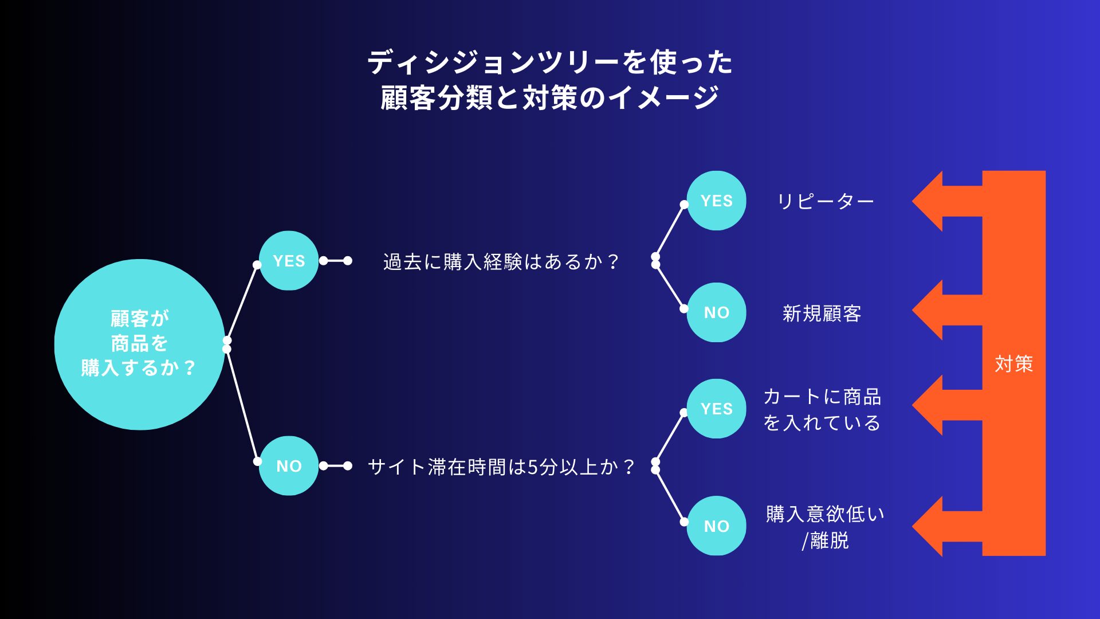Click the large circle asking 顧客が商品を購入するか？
[x=140, y=344]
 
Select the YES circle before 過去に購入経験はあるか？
[x=289, y=261]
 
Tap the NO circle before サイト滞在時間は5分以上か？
[x=289, y=466]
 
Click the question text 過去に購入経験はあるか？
[x=501, y=262]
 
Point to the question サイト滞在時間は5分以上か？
[x=501, y=467]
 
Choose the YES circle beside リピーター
[x=716, y=201]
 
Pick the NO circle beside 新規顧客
[x=716, y=312]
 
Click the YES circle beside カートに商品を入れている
[x=716, y=409]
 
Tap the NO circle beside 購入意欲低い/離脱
[x=716, y=526]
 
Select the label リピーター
[x=825, y=201]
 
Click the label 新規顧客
[x=822, y=314]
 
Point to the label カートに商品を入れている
[x=822, y=409]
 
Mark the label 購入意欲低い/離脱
[x=825, y=527]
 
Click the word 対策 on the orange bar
[x=1013, y=364]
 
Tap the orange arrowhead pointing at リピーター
[x=928, y=201]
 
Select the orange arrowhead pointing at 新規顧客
[x=928, y=310]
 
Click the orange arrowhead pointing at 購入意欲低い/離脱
[x=928, y=526]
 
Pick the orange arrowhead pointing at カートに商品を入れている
[x=928, y=405]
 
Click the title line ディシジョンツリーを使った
[x=550, y=62]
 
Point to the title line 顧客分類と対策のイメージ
[x=550, y=97]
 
